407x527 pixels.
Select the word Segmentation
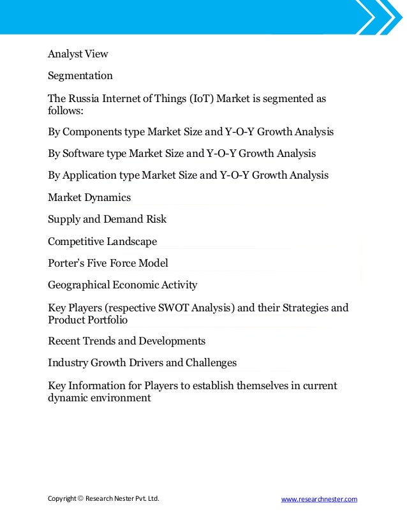click(x=80, y=76)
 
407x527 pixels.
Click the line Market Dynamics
click(x=89, y=197)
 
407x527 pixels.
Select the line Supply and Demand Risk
click(x=107, y=219)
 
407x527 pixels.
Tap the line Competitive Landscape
click(x=102, y=241)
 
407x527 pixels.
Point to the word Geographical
click(x=78, y=285)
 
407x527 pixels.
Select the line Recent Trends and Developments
click(x=126, y=341)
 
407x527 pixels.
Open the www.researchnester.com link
click(x=319, y=499)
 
